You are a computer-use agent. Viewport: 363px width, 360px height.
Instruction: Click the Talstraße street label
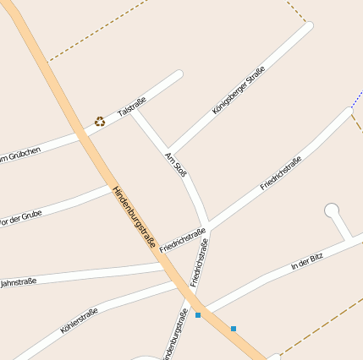click(132, 106)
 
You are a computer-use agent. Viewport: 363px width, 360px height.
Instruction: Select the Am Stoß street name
click(176, 162)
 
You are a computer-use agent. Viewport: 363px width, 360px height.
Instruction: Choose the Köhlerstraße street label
click(79, 320)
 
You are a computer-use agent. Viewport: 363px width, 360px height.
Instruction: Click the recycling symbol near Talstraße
click(100, 122)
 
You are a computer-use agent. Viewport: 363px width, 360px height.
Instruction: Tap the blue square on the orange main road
click(233, 328)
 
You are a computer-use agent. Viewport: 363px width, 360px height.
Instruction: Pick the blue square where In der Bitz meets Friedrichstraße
click(198, 315)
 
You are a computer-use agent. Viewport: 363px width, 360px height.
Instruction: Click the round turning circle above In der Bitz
click(332, 210)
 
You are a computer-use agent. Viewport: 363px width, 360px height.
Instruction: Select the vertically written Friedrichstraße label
click(199, 264)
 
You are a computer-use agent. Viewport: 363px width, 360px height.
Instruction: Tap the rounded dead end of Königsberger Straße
click(307, 26)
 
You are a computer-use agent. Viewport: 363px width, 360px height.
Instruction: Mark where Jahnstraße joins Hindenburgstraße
click(166, 265)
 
